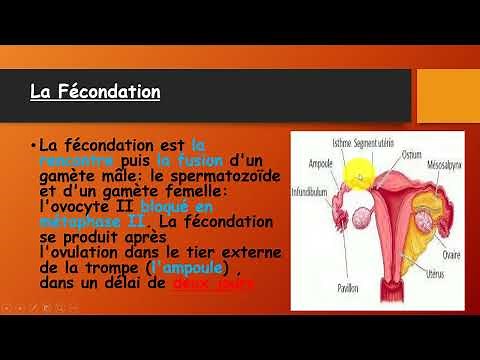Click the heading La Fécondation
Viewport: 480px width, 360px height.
point(94,93)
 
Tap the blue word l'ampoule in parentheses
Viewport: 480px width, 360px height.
point(187,269)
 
